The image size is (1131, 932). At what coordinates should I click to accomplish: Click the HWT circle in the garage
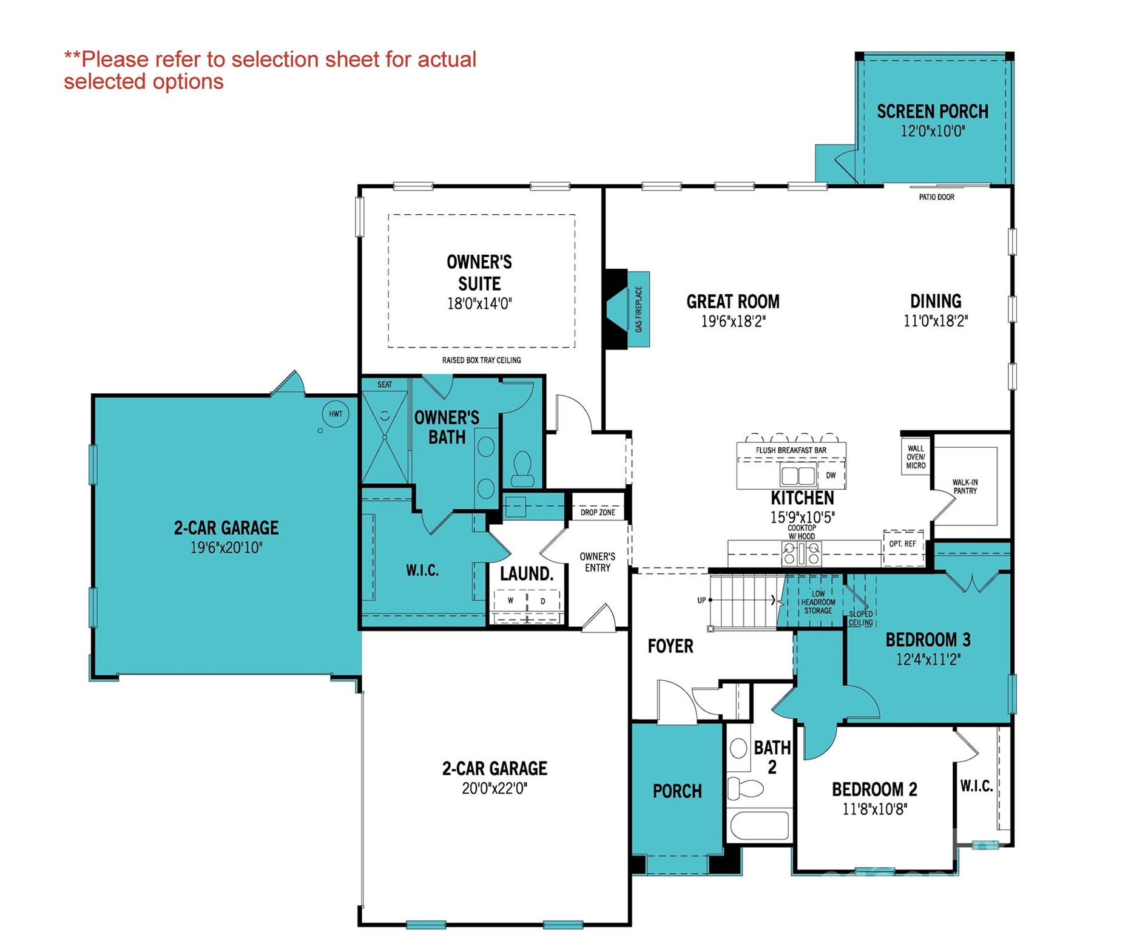(336, 414)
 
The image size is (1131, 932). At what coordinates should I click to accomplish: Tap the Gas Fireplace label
(639, 309)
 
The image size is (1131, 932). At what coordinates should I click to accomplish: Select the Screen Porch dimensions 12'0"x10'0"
(933, 131)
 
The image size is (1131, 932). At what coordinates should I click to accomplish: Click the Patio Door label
(936, 197)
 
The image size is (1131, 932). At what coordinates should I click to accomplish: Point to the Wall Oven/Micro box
(916, 457)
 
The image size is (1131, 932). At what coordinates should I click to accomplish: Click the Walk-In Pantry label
(965, 487)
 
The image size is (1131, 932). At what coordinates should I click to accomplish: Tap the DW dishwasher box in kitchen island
(831, 475)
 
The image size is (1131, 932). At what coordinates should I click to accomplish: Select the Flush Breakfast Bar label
(791, 450)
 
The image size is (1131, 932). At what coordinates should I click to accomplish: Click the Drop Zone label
(598, 512)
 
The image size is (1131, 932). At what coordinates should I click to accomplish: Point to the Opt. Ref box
(902, 544)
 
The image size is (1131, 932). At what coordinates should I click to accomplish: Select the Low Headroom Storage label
(818, 603)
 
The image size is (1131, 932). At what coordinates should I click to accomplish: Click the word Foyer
(670, 646)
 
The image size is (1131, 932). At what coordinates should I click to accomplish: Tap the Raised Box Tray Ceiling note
(481, 360)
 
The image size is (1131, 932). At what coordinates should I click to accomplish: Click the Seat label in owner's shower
(385, 385)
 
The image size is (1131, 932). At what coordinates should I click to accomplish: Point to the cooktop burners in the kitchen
(802, 553)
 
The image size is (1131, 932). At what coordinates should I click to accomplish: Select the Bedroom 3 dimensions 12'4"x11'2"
(928, 660)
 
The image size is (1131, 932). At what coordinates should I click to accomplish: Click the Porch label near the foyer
(677, 791)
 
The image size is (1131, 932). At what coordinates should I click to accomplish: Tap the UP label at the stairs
(701, 600)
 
